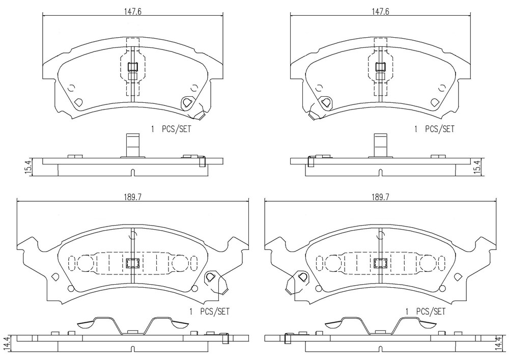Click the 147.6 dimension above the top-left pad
133,11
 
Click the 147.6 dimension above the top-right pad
380,11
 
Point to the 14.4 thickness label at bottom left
13,343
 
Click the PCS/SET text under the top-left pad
176,129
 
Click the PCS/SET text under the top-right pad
440,129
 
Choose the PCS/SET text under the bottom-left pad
215,312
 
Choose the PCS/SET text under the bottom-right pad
431,312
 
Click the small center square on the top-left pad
133,67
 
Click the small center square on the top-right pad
381,67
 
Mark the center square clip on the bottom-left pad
132,263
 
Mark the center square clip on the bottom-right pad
380,263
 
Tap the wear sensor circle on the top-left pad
187,102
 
